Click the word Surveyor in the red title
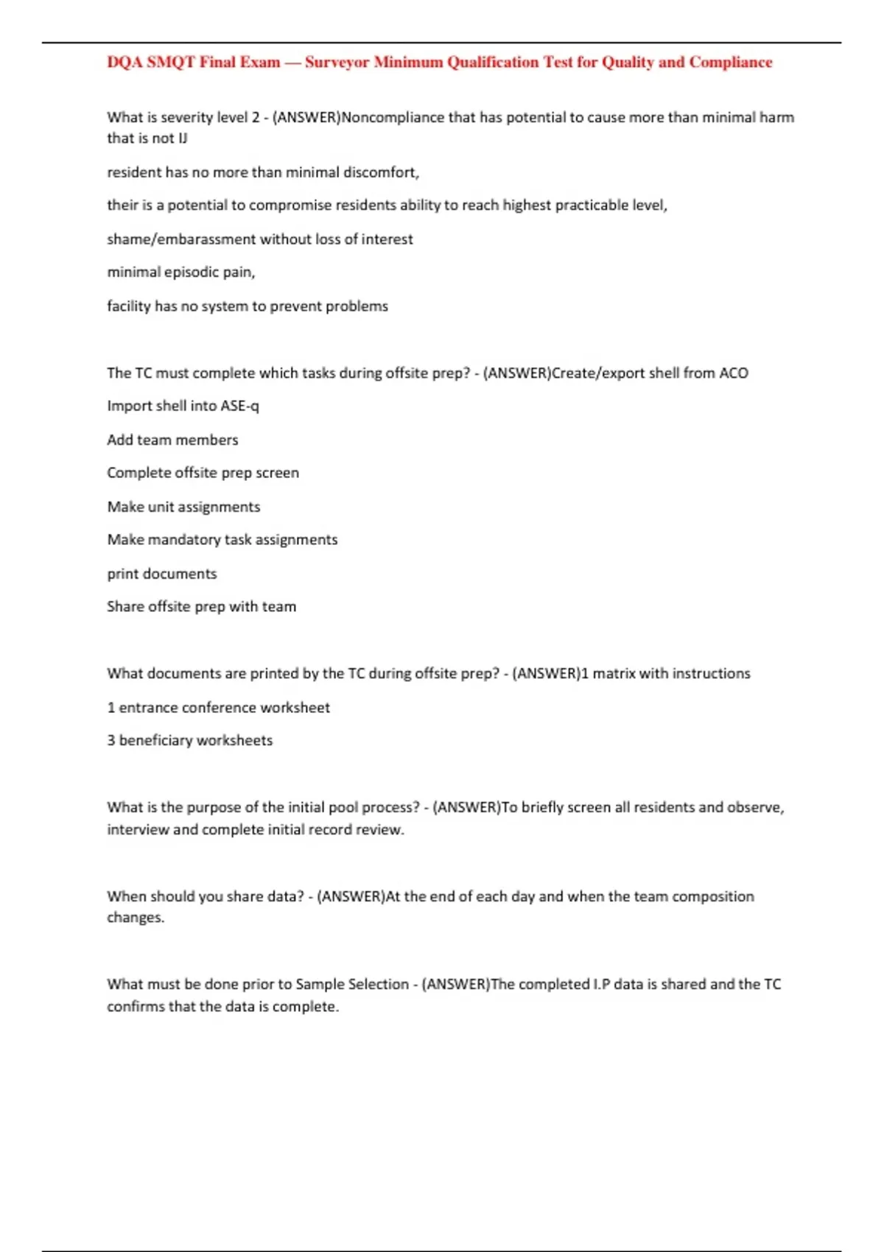point(337,63)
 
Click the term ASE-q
point(239,406)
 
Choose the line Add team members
point(172,440)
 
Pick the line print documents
point(162,574)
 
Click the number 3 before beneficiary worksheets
point(111,740)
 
